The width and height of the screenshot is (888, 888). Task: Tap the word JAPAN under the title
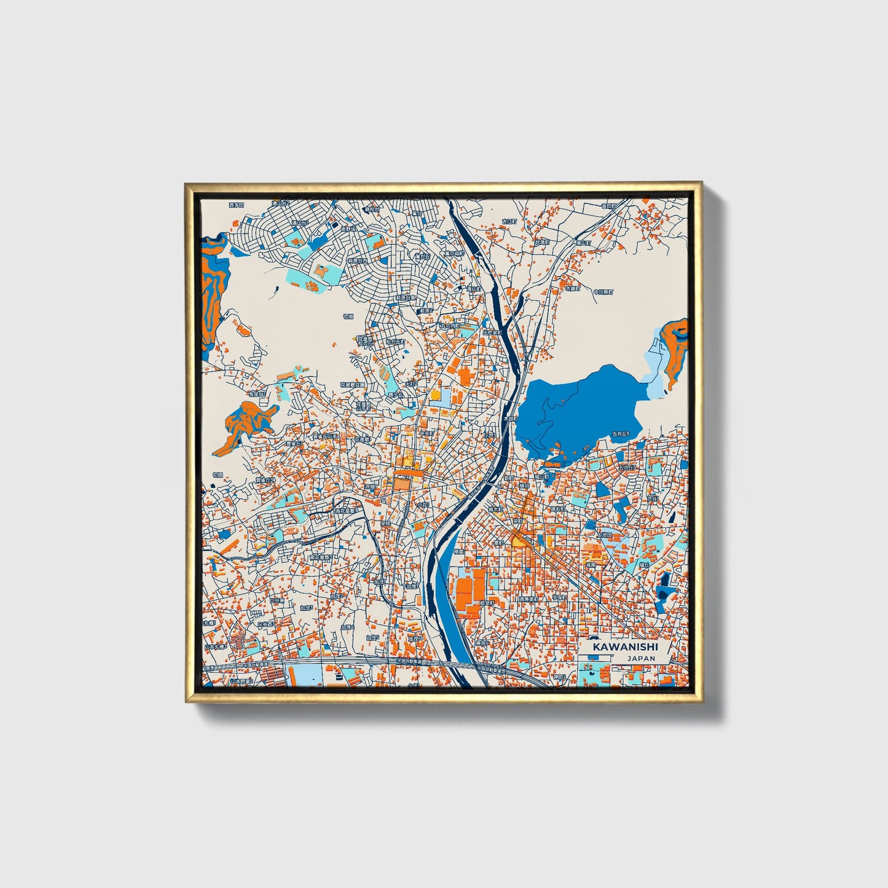641,658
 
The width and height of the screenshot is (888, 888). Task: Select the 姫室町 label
486,603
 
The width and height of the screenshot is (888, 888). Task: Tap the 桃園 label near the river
458,552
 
